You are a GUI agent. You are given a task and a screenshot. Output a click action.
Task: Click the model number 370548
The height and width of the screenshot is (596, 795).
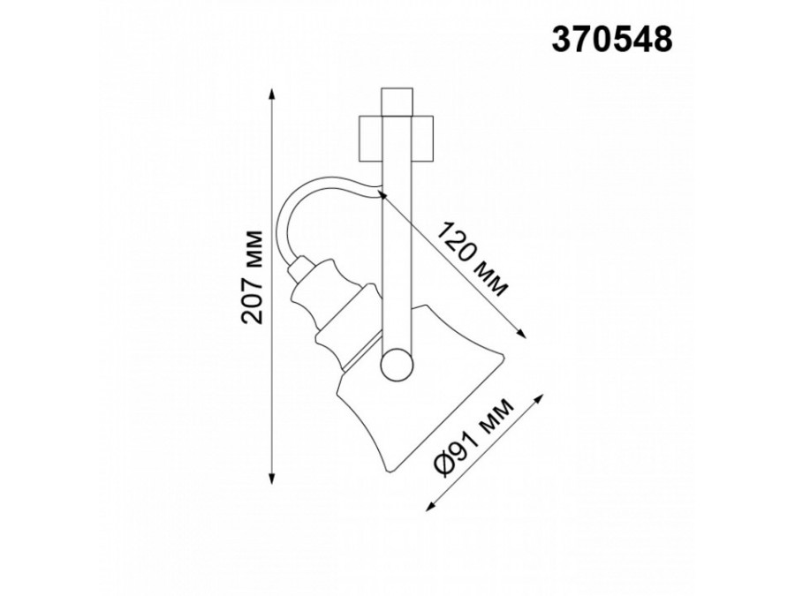click(612, 39)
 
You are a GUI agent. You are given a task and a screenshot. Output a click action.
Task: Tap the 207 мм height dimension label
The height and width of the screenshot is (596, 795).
click(253, 277)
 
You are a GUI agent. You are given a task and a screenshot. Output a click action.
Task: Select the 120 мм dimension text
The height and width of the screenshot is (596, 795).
click(472, 259)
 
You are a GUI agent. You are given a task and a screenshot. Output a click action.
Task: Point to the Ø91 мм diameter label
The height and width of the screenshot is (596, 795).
click(473, 437)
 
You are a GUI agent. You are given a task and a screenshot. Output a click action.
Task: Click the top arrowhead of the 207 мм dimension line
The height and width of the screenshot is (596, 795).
click(272, 94)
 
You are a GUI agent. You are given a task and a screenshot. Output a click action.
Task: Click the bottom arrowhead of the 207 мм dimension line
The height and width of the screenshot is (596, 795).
click(272, 479)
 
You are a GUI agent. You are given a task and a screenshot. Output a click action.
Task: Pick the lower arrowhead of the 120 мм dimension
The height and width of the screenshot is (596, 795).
click(521, 332)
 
